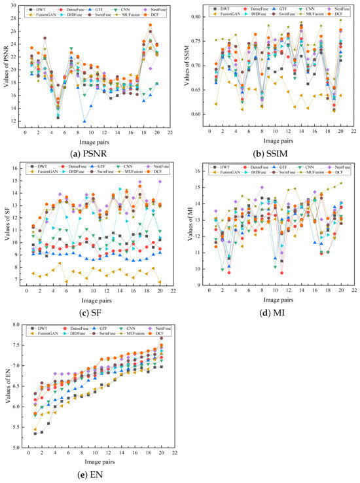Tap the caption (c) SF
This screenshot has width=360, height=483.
(x=92, y=308)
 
